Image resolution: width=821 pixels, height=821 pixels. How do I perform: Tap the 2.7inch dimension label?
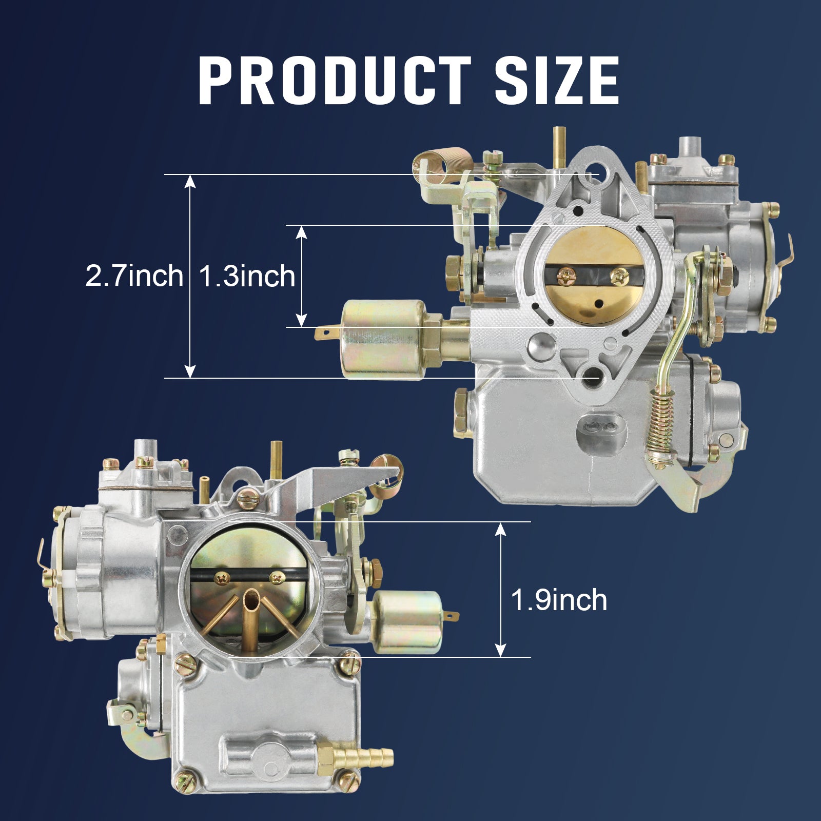click(x=134, y=276)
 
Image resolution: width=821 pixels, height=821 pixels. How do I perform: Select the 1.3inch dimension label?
click(x=246, y=276)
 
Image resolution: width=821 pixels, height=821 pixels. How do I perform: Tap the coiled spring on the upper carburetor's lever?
click(x=660, y=420)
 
